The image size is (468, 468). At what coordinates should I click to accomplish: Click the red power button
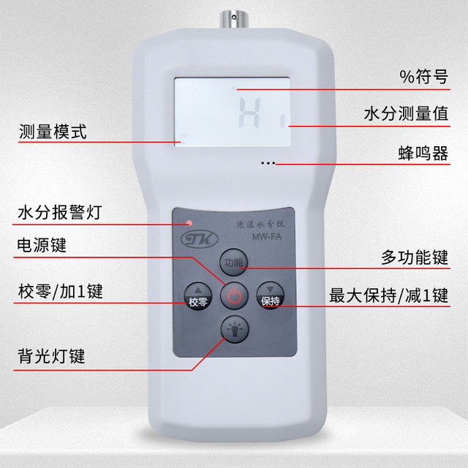[233, 296]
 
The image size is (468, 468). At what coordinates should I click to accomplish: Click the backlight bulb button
[233, 331]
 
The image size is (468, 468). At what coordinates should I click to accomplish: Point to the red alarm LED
[189, 222]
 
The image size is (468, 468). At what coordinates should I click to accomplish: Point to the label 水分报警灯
[59, 214]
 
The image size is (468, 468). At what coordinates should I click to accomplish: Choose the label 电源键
[42, 245]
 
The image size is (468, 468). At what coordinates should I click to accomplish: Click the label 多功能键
[414, 257]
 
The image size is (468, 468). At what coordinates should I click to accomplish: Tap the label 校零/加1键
[59, 292]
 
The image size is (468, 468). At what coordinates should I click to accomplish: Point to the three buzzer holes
[268, 163]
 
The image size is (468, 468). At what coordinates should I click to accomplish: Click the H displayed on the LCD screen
[252, 113]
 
